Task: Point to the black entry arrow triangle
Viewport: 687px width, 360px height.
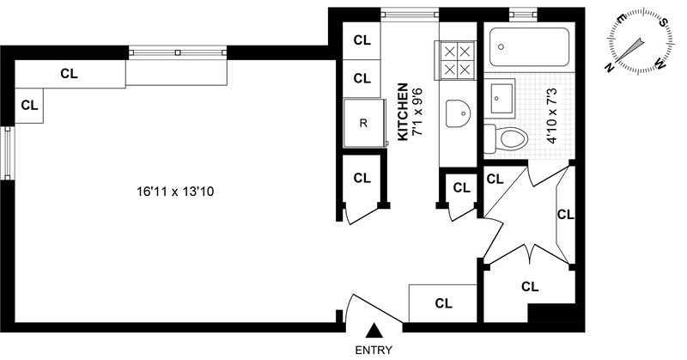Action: point(374,331)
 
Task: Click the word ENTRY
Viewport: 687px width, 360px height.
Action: point(374,350)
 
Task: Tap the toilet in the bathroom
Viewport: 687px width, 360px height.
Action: point(508,137)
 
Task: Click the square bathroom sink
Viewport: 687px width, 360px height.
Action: point(502,98)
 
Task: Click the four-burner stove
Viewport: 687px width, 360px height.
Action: point(456,61)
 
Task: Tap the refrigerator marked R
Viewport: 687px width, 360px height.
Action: point(362,123)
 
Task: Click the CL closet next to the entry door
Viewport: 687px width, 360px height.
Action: point(443,303)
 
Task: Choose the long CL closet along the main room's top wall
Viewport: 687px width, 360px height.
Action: point(70,74)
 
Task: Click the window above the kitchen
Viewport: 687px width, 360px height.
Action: point(410,13)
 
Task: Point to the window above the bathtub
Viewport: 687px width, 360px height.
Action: point(521,13)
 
